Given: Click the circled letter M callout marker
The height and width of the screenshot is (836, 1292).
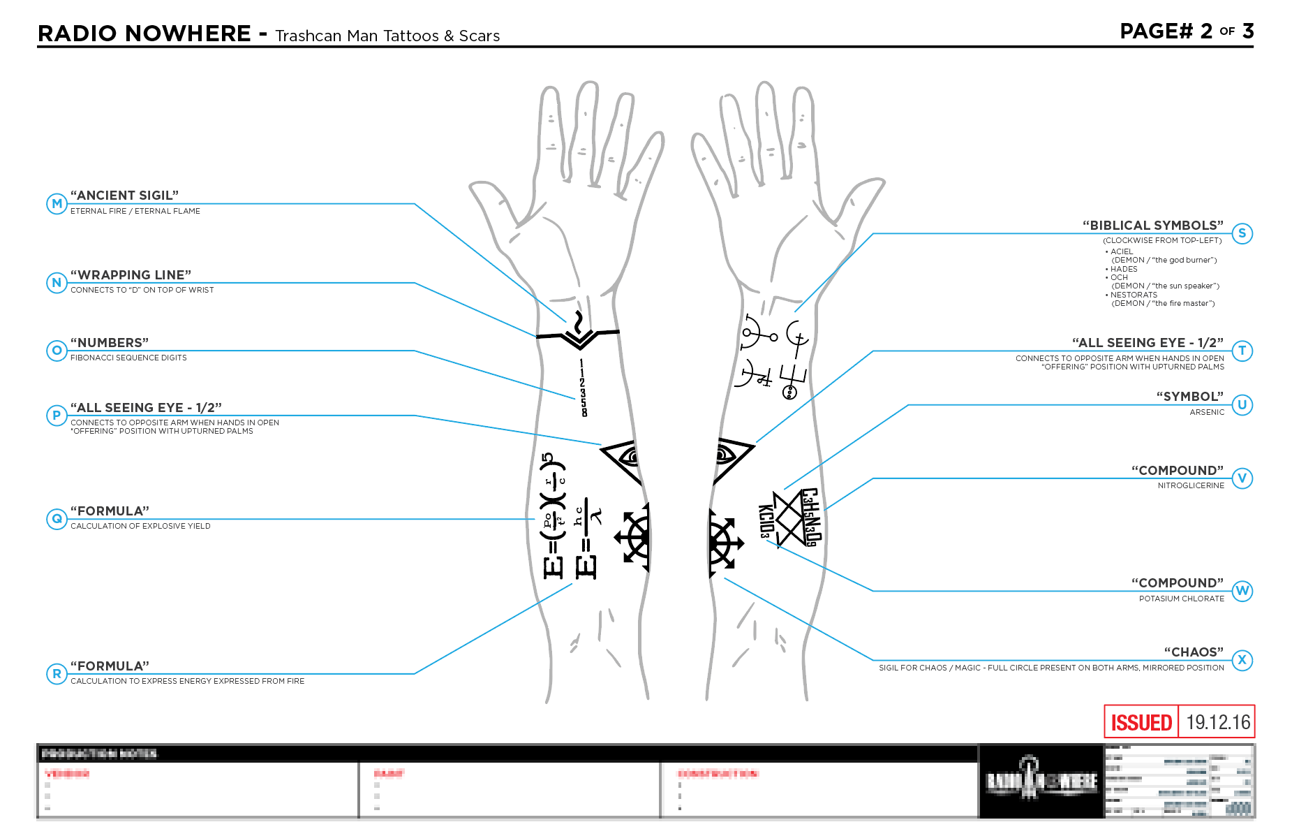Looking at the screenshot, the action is [57, 204].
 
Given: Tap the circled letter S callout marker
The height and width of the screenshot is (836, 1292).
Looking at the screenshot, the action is [1242, 233].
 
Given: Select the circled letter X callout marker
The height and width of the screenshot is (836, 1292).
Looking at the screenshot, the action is [1242, 660].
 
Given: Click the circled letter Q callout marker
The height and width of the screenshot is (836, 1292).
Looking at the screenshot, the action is [57, 519].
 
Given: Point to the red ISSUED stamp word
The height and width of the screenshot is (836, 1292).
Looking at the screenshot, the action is [1141, 722].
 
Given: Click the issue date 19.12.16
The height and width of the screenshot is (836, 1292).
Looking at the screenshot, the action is [1218, 722].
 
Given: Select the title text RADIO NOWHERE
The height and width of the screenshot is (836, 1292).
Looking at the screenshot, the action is [144, 34].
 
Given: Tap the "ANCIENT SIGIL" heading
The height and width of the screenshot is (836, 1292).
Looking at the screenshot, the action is [124, 196].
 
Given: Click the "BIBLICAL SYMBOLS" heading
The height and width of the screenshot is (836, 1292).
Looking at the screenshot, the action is [1152, 226].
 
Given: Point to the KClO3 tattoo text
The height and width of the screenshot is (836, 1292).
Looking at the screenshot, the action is [766, 521].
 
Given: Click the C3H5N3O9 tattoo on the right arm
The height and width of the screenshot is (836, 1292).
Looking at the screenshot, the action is [810, 517].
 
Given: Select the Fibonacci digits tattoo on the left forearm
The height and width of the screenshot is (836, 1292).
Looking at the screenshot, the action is [583, 388].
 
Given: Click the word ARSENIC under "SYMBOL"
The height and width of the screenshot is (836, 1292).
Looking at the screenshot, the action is [1207, 412].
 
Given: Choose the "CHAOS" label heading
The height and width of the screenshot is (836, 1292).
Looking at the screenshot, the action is [1194, 652].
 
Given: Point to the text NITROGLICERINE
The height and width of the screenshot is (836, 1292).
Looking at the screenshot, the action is [1191, 485].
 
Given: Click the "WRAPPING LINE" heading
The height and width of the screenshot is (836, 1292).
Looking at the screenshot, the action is [131, 275].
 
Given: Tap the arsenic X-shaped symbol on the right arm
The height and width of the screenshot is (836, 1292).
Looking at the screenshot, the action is [789, 519].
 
